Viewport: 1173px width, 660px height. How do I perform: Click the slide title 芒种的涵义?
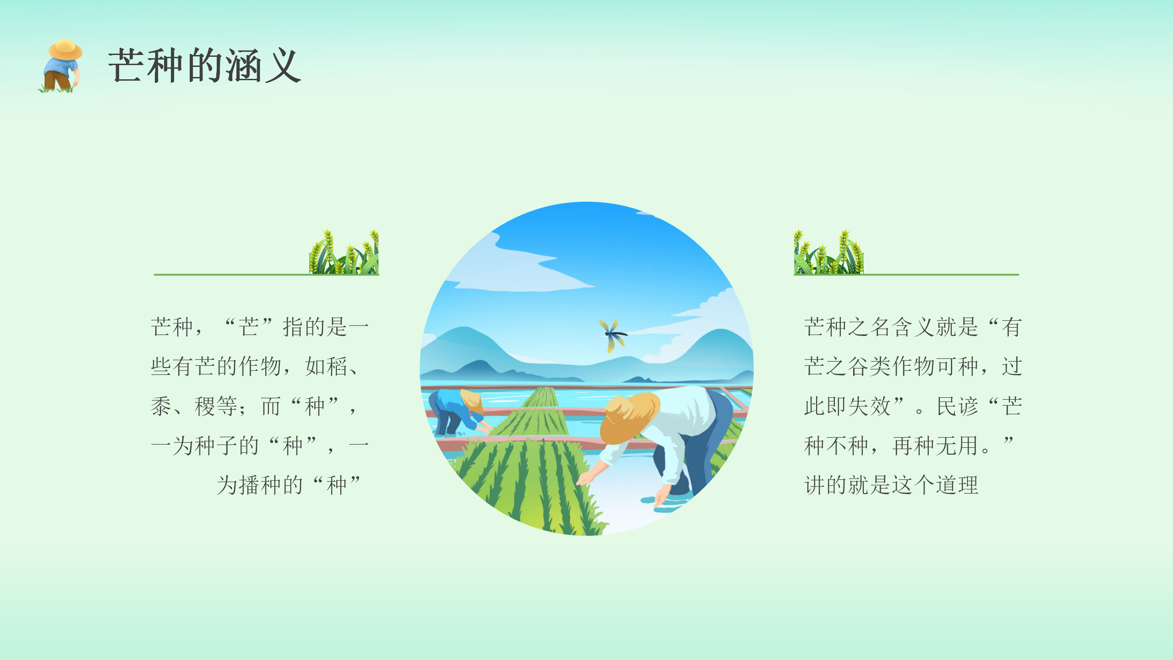click(204, 66)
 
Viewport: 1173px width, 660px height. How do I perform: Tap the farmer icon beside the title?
click(60, 66)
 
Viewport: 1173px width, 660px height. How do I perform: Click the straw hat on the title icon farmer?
click(66, 49)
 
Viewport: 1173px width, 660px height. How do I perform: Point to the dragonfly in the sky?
click(613, 335)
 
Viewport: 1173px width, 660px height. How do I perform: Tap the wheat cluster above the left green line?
click(344, 252)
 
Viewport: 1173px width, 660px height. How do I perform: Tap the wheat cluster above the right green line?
click(828, 252)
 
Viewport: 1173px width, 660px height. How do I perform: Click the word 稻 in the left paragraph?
click(338, 366)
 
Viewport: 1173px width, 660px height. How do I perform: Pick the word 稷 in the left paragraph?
click(205, 406)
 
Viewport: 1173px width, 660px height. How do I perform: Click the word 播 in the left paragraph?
click(249, 485)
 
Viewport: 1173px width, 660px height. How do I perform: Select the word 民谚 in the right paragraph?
click(958, 406)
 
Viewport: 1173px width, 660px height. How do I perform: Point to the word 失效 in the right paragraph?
click(869, 406)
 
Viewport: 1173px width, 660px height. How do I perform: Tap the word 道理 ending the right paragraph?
click(957, 485)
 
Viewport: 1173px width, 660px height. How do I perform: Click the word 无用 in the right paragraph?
click(957, 445)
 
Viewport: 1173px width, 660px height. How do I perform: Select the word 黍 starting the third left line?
click(161, 406)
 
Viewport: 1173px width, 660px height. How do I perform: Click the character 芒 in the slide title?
click(126, 66)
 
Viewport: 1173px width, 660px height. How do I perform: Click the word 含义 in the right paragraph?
click(913, 327)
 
